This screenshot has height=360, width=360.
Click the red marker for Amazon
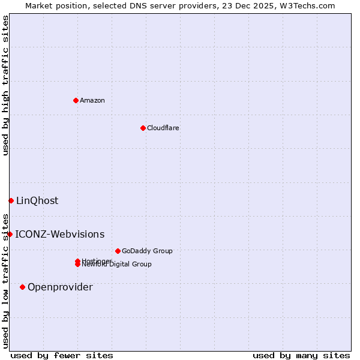click(76, 100)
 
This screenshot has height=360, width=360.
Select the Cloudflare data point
click(143, 128)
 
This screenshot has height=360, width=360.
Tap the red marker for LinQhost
click(11, 200)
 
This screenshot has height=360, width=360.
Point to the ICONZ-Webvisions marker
click(10, 234)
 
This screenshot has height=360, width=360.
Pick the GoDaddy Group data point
click(118, 251)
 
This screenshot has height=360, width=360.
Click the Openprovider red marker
click(22, 287)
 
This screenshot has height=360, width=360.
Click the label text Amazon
click(92, 100)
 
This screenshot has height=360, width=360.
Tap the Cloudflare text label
click(163, 128)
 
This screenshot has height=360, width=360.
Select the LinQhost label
click(37, 200)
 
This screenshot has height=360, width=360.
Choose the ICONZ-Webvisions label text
click(59, 234)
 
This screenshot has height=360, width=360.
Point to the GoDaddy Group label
click(147, 251)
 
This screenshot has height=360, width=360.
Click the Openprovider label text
click(60, 287)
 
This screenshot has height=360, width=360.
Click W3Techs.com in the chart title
click(306, 5)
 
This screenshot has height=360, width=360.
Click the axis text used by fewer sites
click(62, 355)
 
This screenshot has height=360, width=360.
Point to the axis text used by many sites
click(301, 355)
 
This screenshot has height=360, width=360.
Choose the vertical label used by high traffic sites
click(5, 85)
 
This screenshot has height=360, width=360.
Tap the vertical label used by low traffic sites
click(5, 281)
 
